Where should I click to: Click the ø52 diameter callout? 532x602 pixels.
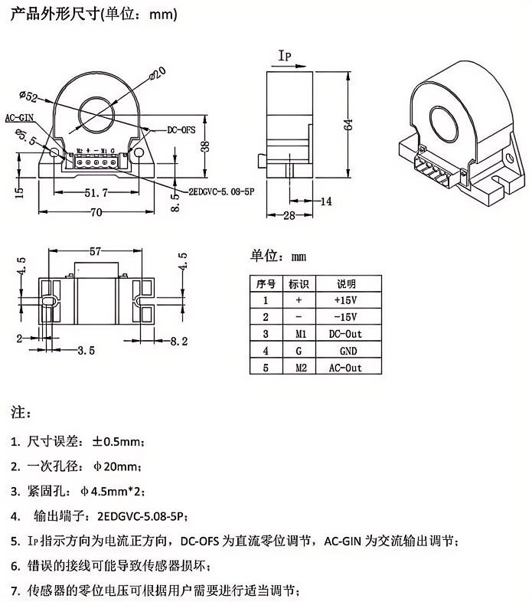(28, 96)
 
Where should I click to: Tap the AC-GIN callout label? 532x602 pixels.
(19, 117)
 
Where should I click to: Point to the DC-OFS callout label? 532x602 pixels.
(181, 129)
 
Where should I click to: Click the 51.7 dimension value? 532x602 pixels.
(96, 193)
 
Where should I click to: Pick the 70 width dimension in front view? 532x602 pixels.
(96, 212)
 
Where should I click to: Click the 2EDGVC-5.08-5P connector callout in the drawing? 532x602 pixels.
(221, 191)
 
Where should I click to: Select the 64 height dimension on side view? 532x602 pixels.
(348, 125)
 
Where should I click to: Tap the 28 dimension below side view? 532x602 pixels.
(289, 215)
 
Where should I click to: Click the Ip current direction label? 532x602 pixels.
(285, 56)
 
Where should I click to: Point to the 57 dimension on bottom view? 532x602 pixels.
(95, 251)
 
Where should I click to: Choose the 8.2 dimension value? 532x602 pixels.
(179, 341)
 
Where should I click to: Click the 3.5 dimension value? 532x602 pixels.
(86, 350)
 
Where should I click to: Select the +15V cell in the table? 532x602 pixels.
(345, 300)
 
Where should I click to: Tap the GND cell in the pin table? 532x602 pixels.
(348, 351)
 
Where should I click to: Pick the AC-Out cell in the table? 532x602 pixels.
(345, 368)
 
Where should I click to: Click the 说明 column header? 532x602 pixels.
(346, 283)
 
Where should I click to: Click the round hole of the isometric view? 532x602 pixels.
(444, 125)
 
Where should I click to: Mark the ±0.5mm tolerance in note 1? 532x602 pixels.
(116, 441)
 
